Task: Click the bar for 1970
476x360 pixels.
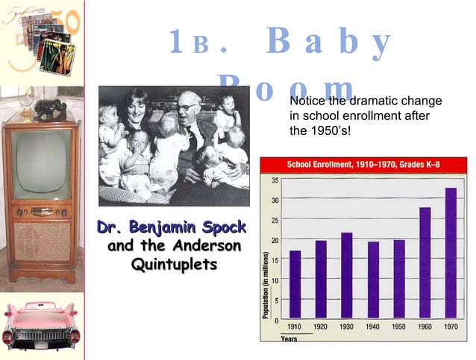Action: pos(450,253)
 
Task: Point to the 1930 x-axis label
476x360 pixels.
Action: pos(346,326)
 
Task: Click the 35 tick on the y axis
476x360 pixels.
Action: pos(275,180)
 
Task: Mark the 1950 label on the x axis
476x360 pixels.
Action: pos(398,326)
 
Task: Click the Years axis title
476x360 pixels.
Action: pos(289,338)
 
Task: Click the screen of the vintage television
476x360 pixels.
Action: pos(40,164)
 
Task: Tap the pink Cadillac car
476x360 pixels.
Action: pos(41,327)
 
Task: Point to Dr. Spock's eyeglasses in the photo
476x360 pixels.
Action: pos(186,107)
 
